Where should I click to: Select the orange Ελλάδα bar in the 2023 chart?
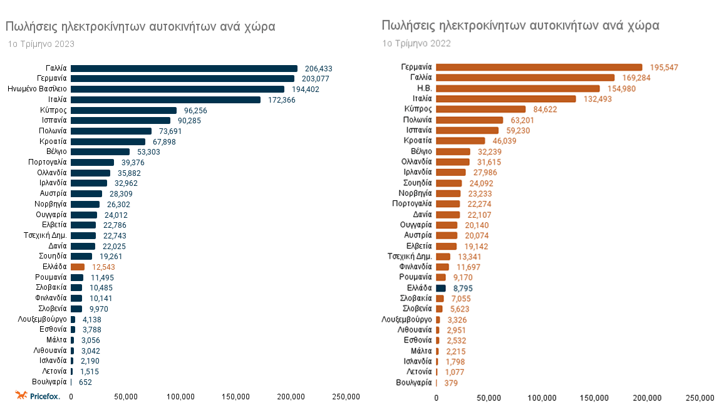point(78,267)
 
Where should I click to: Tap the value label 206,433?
point(318,68)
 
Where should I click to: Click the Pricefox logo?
point(38,396)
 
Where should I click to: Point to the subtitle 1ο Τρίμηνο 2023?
point(41,44)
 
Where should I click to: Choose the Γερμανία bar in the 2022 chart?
point(539,67)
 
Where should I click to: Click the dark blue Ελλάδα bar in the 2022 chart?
point(441,289)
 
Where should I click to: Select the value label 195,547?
point(663,67)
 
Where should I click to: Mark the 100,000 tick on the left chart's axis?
point(181,397)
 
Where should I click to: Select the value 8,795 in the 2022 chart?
point(463,289)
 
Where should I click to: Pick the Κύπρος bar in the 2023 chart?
point(123,110)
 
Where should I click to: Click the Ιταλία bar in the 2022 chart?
point(505,98)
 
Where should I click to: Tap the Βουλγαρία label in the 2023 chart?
point(49,382)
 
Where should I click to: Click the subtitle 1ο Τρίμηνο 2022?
point(416,44)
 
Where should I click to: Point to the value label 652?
point(85,382)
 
